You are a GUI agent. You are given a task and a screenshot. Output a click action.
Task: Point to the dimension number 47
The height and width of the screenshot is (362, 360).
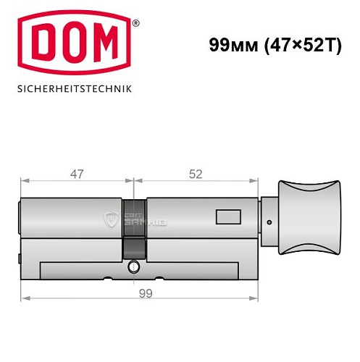(x=78, y=174)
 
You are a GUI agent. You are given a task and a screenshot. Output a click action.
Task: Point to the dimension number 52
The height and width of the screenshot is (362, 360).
(x=195, y=174)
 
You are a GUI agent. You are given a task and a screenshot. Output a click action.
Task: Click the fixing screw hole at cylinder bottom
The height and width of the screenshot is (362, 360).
(x=133, y=269)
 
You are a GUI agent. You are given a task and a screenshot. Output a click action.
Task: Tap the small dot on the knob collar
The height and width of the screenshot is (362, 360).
(x=269, y=222)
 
